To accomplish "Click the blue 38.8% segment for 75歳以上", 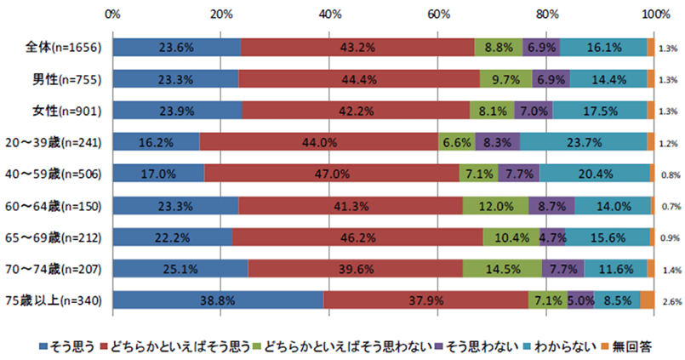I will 217,300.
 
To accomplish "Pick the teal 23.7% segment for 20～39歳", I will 583,142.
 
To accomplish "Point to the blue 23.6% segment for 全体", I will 176,48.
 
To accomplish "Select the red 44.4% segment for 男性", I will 359,79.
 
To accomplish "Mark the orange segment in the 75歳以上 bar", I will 647,300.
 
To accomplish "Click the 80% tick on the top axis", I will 547,14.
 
